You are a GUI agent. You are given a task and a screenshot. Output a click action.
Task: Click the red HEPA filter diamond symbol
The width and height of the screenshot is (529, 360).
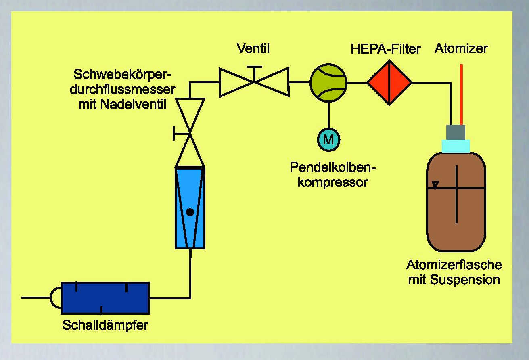[389, 82]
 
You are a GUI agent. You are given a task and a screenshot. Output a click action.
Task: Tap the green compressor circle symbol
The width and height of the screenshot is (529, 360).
[328, 82]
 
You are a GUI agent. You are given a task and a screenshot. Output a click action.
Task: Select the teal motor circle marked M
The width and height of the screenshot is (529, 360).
[329, 139]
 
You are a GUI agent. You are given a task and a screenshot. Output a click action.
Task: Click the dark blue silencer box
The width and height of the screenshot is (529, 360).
[105, 298]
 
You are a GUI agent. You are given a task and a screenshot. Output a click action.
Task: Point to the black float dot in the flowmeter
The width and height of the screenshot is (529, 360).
[190, 212]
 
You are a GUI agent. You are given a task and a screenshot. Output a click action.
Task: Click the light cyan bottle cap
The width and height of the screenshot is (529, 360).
[456, 146]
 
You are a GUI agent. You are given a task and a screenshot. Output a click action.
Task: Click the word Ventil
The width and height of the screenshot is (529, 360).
[253, 49]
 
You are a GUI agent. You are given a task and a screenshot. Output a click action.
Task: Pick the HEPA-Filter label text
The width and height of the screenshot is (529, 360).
[386, 50]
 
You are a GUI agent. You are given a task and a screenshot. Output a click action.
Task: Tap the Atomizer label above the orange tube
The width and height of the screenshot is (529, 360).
[461, 49]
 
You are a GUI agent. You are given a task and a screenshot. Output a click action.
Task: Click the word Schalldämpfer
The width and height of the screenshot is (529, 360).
[105, 325]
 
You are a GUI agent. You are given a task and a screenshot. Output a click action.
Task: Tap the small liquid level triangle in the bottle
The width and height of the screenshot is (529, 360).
[435, 184]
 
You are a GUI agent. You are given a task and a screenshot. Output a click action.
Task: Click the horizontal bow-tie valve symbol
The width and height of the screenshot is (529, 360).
[254, 82]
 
